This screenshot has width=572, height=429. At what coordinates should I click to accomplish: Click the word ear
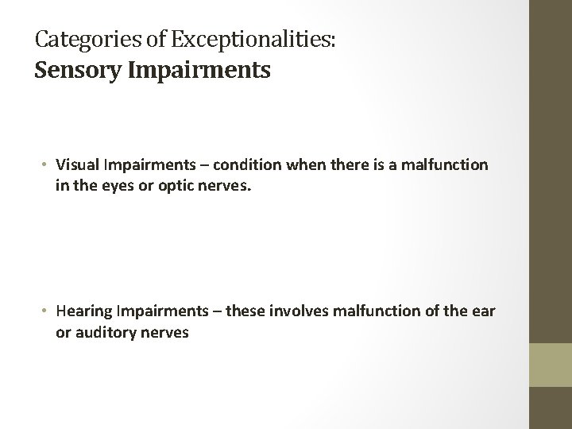(x=483, y=311)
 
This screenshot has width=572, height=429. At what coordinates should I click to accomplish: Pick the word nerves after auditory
(x=165, y=333)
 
